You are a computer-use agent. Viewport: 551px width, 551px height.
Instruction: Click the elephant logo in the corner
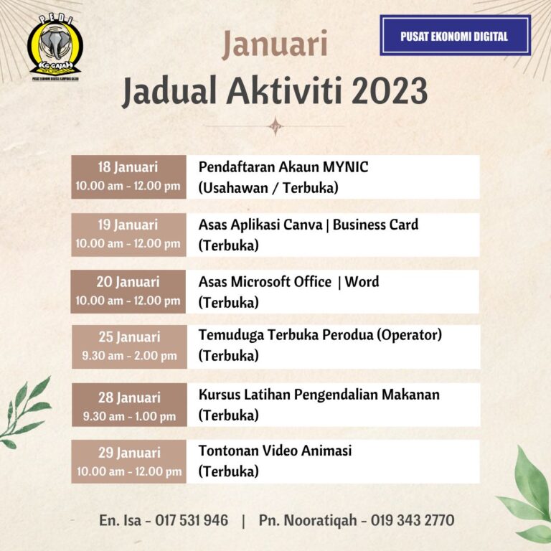coord(55,47)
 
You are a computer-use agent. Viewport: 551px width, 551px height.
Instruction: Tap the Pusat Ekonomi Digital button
coord(455,36)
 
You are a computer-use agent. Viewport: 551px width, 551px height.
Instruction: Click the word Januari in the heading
coord(275,44)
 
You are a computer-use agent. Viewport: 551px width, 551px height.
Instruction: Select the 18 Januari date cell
coord(128,176)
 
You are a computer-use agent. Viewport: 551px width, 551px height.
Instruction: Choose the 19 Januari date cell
coord(128,234)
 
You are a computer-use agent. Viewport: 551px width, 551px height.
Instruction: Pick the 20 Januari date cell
coord(128,291)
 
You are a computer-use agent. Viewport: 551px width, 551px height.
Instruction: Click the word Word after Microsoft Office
coord(362,282)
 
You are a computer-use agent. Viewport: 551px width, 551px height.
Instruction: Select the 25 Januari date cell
coord(128,346)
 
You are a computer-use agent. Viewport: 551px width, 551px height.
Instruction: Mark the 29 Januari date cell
coord(128,461)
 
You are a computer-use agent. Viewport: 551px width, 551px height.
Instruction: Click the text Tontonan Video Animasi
coord(275,451)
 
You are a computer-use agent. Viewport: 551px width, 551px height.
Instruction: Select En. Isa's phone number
coord(193,520)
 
